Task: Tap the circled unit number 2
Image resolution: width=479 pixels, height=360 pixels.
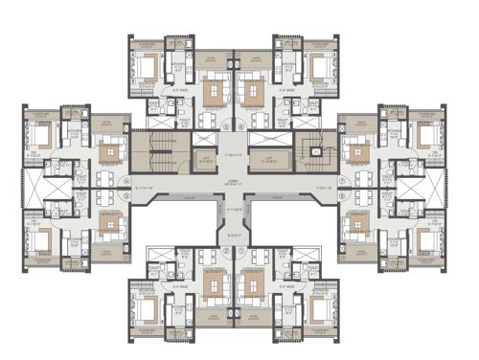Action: [227, 251]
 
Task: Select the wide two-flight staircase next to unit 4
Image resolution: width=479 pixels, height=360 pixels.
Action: [160, 154]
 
